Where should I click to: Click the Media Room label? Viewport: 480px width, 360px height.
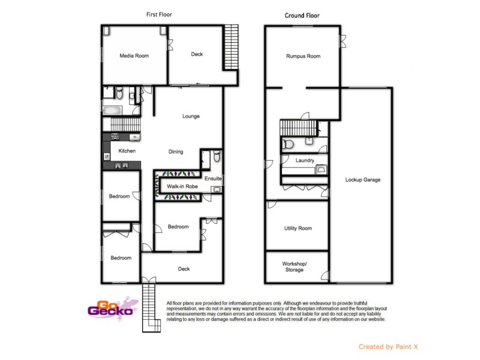coord(134,56)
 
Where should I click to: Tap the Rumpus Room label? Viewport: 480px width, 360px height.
coord(303,56)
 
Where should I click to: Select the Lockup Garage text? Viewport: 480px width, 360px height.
coord(362,179)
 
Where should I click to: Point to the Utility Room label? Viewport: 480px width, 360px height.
coord(298,229)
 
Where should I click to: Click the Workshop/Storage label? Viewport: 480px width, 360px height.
coord(295,267)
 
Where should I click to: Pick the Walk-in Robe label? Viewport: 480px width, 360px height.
coord(182,187)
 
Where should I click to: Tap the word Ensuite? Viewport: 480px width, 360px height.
coord(213,179)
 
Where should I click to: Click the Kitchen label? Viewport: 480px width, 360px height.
coord(127,151)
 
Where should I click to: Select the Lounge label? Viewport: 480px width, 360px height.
coord(191,116)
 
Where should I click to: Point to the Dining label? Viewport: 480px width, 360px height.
coord(175,152)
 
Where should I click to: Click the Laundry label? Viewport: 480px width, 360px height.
coord(305,161)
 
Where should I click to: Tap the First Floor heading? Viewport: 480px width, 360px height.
coord(160,14)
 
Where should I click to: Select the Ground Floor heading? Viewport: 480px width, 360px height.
coord(302,16)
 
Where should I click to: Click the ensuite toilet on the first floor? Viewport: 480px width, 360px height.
coord(217,157)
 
